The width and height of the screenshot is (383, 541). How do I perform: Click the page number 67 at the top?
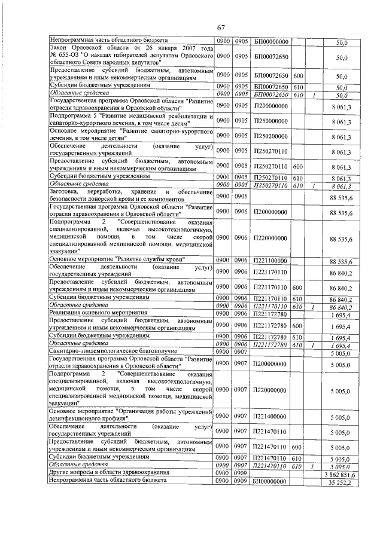coord(221,27)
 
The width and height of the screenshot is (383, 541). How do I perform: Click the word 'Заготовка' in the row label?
coord(65,191)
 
